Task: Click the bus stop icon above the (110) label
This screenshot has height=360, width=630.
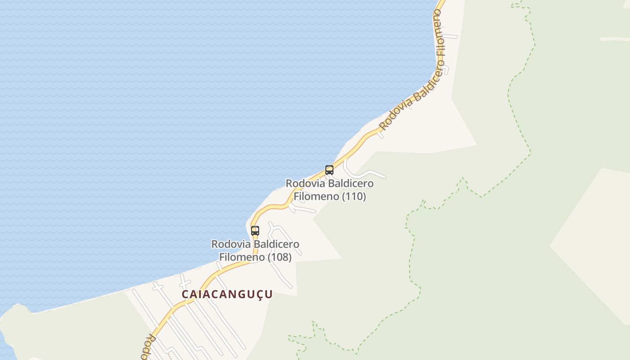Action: (329, 170)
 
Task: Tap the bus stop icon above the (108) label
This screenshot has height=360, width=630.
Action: (255, 231)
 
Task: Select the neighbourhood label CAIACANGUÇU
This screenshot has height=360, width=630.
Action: (227, 294)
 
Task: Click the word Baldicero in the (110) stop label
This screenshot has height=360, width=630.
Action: (351, 184)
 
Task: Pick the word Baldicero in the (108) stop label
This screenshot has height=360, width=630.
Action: (276, 244)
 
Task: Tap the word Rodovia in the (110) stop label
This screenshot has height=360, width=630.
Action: (305, 184)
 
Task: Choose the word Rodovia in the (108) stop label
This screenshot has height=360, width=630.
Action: (231, 244)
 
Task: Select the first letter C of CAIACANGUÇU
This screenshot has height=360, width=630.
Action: (185, 294)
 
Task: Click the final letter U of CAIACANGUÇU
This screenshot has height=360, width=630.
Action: (269, 294)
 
